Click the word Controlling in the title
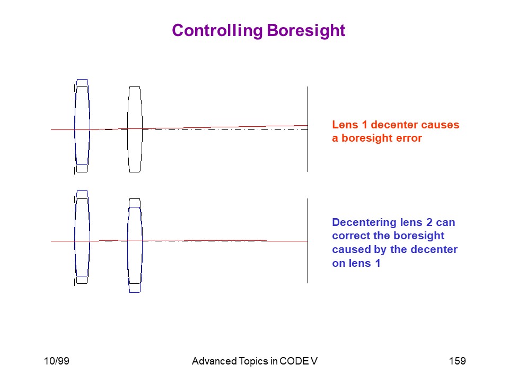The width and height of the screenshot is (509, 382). coord(217,31)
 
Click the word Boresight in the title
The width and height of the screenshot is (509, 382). coord(306,31)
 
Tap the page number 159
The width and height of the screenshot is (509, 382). coord(458,361)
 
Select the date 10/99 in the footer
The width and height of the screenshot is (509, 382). coord(57,361)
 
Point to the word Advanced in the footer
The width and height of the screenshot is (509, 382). coord(214,361)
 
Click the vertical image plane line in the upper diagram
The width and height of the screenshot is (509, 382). coord(308,129)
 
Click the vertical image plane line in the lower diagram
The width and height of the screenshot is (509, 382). coord(308,241)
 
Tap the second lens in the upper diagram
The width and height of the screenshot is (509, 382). coord(135,129)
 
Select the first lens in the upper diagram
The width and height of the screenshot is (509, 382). coord(82,126)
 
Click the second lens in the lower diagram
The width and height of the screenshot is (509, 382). coord(135,246)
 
